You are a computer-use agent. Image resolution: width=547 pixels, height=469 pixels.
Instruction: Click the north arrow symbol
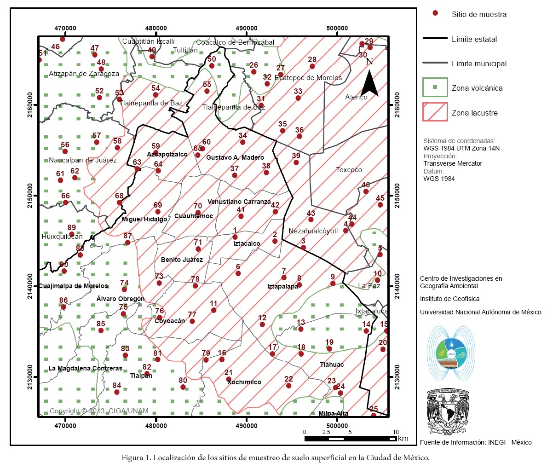(369, 81)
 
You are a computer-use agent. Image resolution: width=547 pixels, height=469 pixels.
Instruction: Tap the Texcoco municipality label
(349, 170)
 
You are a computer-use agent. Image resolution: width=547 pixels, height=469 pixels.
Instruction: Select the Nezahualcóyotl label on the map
(313, 231)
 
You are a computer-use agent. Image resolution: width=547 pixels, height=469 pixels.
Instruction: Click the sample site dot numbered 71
(198, 249)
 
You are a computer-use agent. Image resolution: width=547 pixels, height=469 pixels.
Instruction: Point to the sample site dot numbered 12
(262, 324)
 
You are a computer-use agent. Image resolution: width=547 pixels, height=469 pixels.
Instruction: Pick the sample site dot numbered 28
(312, 66)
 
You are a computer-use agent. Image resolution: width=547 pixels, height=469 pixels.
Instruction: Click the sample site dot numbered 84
(117, 392)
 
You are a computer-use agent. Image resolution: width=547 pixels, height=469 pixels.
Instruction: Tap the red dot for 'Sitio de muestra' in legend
(435, 13)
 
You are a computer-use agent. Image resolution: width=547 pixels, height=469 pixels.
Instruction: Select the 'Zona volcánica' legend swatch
(435, 87)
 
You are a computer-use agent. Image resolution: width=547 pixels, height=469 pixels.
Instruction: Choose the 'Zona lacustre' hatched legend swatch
(435, 112)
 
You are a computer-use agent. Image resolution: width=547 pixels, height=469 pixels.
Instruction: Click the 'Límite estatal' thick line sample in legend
(435, 39)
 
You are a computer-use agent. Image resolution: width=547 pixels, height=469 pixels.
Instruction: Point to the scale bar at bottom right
(350, 439)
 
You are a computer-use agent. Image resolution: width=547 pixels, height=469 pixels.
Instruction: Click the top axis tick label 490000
(247, 28)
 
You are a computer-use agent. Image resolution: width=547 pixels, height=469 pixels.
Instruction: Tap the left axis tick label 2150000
(30, 196)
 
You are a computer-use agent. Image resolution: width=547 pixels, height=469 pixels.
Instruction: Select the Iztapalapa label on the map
(282, 287)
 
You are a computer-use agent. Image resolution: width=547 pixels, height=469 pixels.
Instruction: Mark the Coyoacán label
(170, 321)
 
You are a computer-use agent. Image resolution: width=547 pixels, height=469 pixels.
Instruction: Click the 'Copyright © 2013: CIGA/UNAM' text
(99, 411)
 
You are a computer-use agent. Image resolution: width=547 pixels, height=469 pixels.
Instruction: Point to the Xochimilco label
(244, 382)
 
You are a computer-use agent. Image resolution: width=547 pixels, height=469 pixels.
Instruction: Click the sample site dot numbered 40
(366, 191)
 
